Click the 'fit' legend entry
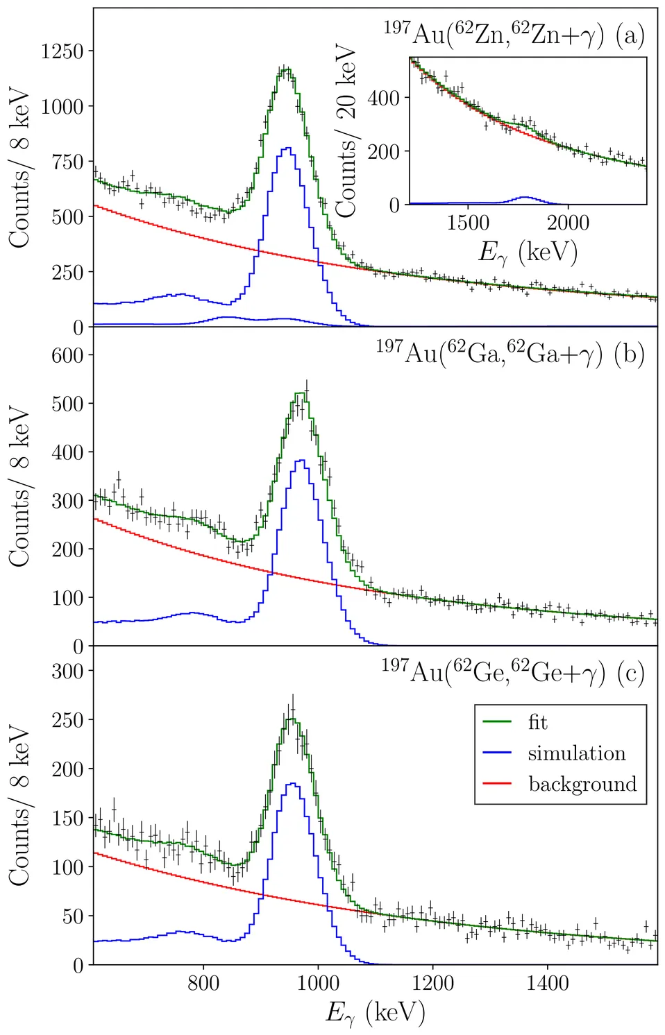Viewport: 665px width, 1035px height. pos(537,723)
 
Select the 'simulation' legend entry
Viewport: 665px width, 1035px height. pos(576,753)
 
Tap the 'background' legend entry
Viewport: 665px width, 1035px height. pos(582,784)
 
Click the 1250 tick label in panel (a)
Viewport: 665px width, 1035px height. pos(62,51)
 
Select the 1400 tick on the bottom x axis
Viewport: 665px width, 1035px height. pos(547,983)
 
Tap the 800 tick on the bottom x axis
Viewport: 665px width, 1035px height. pos(203,983)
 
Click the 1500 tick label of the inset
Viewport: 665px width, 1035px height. pos(468,223)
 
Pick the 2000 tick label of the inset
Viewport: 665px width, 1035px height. pos(568,223)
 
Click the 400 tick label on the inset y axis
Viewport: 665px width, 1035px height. pos(384,98)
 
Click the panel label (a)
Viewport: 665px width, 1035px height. pos(630,35)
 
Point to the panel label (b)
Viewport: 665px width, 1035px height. pos(630,354)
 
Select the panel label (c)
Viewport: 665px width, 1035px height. pos(630,673)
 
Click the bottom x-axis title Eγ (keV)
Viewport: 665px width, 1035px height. pos(375,1013)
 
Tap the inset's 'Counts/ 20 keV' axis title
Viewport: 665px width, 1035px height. pos(346,132)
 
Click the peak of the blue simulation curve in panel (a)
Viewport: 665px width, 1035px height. pos(287,148)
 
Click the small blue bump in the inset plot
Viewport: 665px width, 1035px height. pos(526,198)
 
